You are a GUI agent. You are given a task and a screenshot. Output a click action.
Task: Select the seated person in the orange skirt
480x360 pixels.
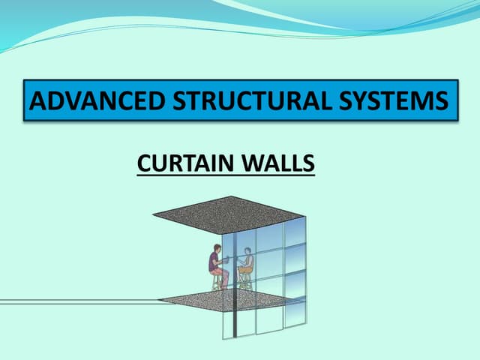pos(246,265)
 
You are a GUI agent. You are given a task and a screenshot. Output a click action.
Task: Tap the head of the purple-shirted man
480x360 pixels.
pos(214,248)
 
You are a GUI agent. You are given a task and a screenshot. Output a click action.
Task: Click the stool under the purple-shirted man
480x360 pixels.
pos(218,282)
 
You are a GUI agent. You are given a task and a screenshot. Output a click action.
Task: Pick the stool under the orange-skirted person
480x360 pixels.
pos(244,280)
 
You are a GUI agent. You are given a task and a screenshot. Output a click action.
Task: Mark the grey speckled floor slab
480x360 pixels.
pos(225,300)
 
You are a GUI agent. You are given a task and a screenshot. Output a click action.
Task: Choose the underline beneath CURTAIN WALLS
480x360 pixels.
pos(226,175)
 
